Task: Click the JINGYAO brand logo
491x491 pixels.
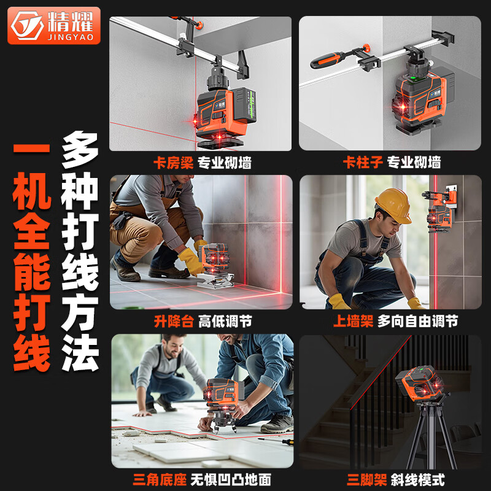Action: pyautogui.click(x=53, y=25)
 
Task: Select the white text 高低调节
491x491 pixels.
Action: pyautogui.click(x=225, y=321)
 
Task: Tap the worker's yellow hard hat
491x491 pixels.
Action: pyautogui.click(x=393, y=206)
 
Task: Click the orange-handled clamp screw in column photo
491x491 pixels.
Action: pyautogui.click(x=328, y=60)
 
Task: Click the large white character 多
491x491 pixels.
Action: pyautogui.click(x=80, y=151)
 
